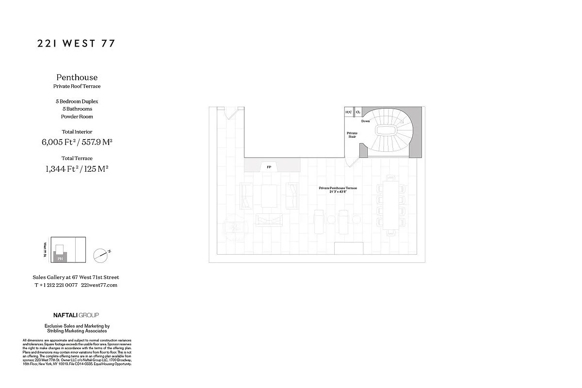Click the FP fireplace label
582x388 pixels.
[x=269, y=167]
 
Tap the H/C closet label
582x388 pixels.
[x=348, y=112]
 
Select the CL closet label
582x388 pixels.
[x=358, y=112]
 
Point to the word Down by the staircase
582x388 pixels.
[x=365, y=121]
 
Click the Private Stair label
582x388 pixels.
[x=352, y=135]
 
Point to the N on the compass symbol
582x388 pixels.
[x=110, y=251]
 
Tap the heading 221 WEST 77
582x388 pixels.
[x=76, y=44]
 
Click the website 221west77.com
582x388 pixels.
[x=99, y=285]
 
